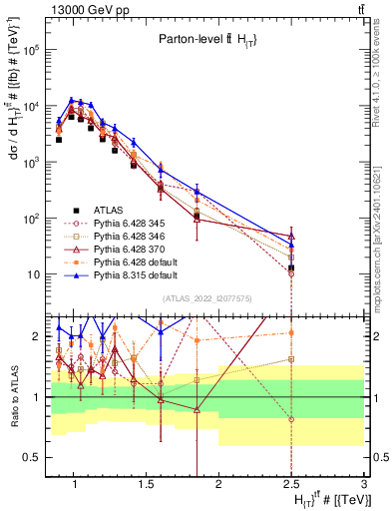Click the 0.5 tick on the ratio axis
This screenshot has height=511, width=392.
coord(35,457)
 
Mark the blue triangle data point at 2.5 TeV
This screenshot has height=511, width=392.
coord(291,245)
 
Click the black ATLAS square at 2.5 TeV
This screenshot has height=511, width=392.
coord(291,267)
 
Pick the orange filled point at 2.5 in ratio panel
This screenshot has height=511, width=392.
coord(291,332)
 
